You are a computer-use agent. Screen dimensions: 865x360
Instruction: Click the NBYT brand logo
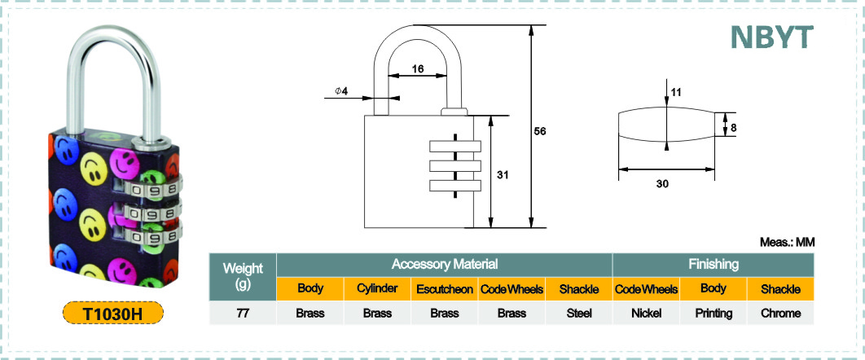click(772, 37)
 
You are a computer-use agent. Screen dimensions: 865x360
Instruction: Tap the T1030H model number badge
click(113, 313)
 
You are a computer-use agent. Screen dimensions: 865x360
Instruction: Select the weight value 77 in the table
click(243, 313)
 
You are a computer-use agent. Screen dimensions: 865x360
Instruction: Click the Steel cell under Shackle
click(578, 313)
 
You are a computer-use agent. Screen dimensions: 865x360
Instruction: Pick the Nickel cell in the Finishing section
click(646, 313)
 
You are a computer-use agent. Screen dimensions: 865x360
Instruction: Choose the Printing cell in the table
click(714, 313)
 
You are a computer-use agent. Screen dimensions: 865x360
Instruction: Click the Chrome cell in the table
click(780, 313)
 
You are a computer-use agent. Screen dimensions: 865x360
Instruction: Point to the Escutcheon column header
click(444, 289)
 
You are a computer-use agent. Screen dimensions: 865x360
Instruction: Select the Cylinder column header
click(377, 289)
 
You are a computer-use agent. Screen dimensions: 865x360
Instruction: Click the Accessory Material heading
click(444, 264)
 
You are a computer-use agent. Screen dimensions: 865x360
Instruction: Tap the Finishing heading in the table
click(714, 264)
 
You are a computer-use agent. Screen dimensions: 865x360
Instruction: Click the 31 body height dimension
click(502, 175)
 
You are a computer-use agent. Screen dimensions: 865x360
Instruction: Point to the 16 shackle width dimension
click(418, 69)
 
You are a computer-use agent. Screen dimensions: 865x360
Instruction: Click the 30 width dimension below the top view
click(662, 184)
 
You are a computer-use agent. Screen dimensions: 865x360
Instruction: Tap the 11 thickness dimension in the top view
click(675, 92)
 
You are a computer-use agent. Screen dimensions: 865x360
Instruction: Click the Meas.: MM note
click(788, 242)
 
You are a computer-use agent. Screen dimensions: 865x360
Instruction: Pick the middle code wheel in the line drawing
click(454, 166)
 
